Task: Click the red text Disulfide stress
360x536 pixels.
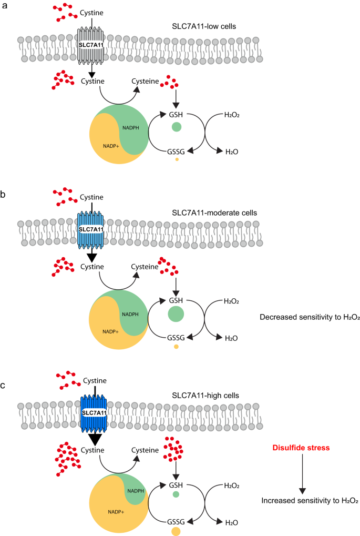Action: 302,448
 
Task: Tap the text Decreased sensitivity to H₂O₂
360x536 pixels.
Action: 310,317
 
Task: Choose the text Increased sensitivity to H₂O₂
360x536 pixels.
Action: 310,501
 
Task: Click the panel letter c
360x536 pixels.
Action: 4,386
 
